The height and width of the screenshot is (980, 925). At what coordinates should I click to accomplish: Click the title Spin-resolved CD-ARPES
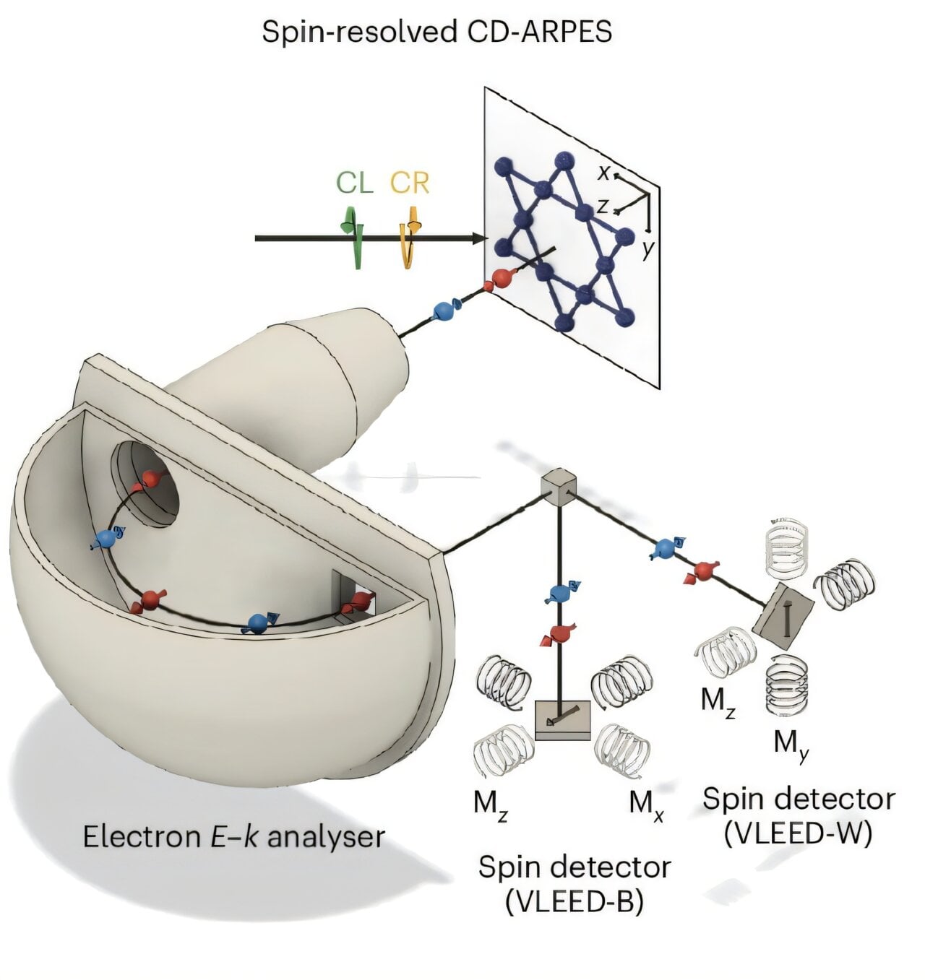click(436, 32)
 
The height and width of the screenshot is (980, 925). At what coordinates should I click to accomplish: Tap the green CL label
click(354, 183)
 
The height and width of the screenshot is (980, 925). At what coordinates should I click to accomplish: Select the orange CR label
click(410, 183)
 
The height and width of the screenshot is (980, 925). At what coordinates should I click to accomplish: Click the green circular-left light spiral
click(355, 235)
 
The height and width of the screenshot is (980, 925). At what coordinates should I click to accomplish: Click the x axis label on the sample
click(603, 172)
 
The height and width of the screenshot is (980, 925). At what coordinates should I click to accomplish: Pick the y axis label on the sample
click(648, 250)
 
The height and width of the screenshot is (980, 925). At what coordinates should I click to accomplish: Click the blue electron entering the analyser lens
click(443, 311)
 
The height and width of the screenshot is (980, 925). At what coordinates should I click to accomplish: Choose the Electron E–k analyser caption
click(233, 836)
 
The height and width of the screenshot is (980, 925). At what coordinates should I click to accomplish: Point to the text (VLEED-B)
click(575, 902)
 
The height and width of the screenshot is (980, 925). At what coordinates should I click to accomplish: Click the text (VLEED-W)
click(799, 833)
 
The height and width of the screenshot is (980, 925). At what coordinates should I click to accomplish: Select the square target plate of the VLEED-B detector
click(562, 719)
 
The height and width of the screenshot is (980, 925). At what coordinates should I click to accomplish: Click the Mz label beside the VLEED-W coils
click(718, 700)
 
